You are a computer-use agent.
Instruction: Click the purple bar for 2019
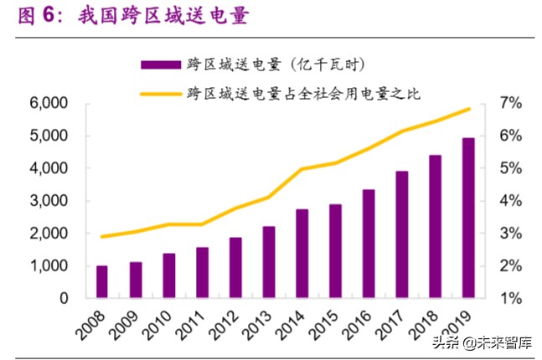coord(468,218)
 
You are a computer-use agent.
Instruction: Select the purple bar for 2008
coord(102,281)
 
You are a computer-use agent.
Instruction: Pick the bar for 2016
coord(369,243)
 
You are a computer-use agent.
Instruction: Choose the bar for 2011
coord(202,272)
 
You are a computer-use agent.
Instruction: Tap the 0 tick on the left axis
coord(63,298)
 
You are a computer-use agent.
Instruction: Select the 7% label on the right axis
coord(511,103)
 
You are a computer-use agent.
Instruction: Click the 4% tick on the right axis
coord(511,201)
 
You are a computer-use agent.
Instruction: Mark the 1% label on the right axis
coord(511,298)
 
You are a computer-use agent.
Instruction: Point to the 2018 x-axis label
coord(426,324)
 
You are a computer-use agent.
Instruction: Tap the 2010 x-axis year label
coord(159,324)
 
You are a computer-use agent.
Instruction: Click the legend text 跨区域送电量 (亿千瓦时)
coord(276,64)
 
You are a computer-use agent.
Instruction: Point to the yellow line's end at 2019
coord(469,109)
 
